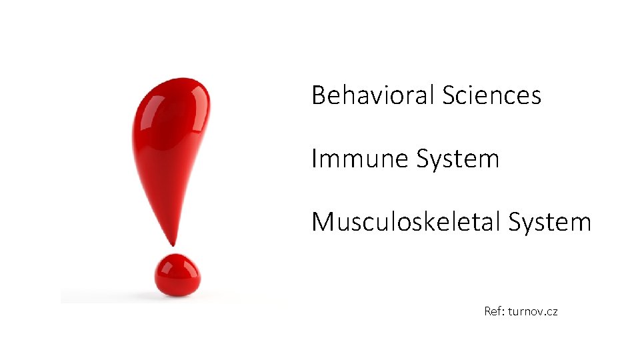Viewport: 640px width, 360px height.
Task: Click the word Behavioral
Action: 373,95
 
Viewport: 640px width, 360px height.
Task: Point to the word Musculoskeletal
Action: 406,222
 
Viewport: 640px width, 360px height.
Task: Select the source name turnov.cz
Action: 533,311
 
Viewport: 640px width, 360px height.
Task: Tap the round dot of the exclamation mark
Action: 177,275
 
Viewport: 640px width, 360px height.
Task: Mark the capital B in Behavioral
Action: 319,95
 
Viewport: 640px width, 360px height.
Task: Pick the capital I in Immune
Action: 314,159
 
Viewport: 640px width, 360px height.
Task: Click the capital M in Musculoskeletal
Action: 322,222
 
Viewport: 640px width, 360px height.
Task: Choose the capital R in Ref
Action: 488,311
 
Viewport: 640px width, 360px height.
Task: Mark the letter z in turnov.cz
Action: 554,312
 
